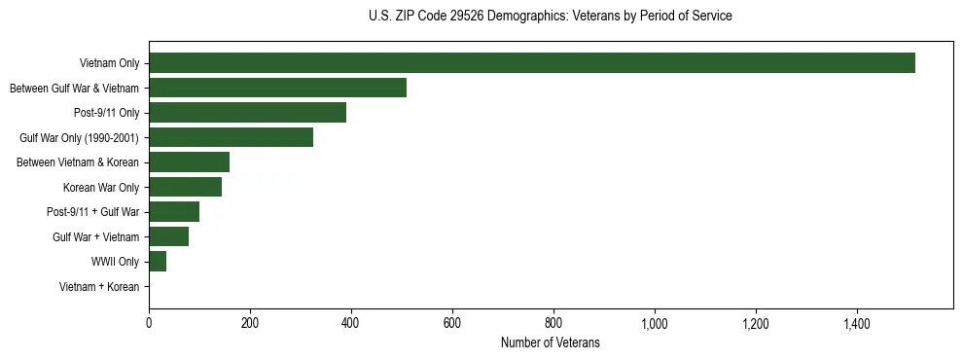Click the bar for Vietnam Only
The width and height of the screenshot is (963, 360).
531,63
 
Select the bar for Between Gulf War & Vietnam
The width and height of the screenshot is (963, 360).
277,88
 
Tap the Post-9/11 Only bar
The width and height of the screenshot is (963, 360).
247,113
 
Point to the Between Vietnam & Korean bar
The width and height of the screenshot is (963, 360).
189,162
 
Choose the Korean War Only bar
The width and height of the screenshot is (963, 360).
185,187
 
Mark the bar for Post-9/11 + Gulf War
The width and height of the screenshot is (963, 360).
174,211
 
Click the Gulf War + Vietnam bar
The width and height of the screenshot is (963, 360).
168,236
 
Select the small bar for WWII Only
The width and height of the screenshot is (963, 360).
158,261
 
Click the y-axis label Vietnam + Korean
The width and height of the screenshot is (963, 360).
99,286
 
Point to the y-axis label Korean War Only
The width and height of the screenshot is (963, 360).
101,187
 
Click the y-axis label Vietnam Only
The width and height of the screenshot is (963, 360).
109,63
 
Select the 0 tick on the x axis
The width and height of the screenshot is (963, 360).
149,322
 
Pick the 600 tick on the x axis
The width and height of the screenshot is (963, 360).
452,322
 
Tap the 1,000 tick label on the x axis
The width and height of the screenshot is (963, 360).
655,322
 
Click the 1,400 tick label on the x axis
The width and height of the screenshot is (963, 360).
857,322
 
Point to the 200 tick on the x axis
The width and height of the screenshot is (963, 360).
250,322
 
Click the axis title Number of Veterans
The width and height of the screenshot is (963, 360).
550,342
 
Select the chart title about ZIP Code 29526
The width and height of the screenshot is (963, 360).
550,16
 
